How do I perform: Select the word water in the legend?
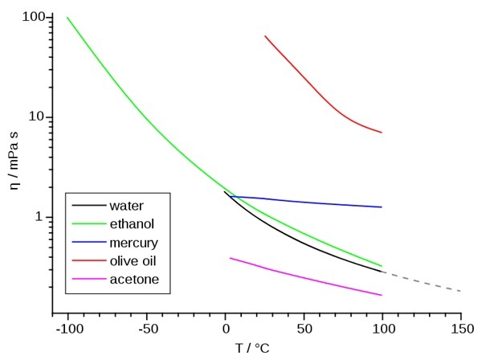click(x=126, y=206)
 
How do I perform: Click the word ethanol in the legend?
click(x=131, y=223)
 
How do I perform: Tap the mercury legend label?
click(x=133, y=242)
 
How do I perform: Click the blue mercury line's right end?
click(x=381, y=207)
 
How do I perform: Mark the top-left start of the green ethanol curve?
click(x=67, y=18)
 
